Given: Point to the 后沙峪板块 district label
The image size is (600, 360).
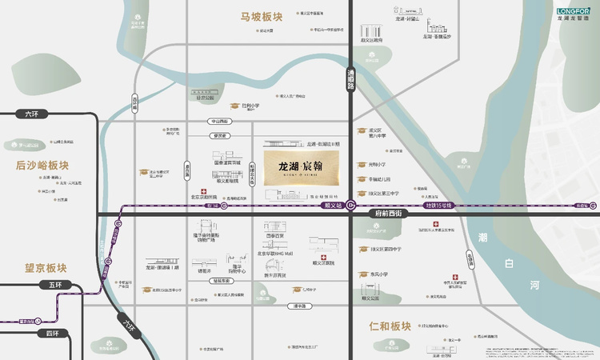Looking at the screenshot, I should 42,166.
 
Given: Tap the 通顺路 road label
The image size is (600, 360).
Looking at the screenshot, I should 350,79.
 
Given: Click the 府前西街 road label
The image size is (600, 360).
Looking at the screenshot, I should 392,214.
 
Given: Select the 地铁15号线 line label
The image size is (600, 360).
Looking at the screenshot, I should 438,206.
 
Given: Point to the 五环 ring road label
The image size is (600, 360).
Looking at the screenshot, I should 54,285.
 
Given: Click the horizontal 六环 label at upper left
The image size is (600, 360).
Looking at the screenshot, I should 31,114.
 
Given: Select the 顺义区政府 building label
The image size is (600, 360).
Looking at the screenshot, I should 371,39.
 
